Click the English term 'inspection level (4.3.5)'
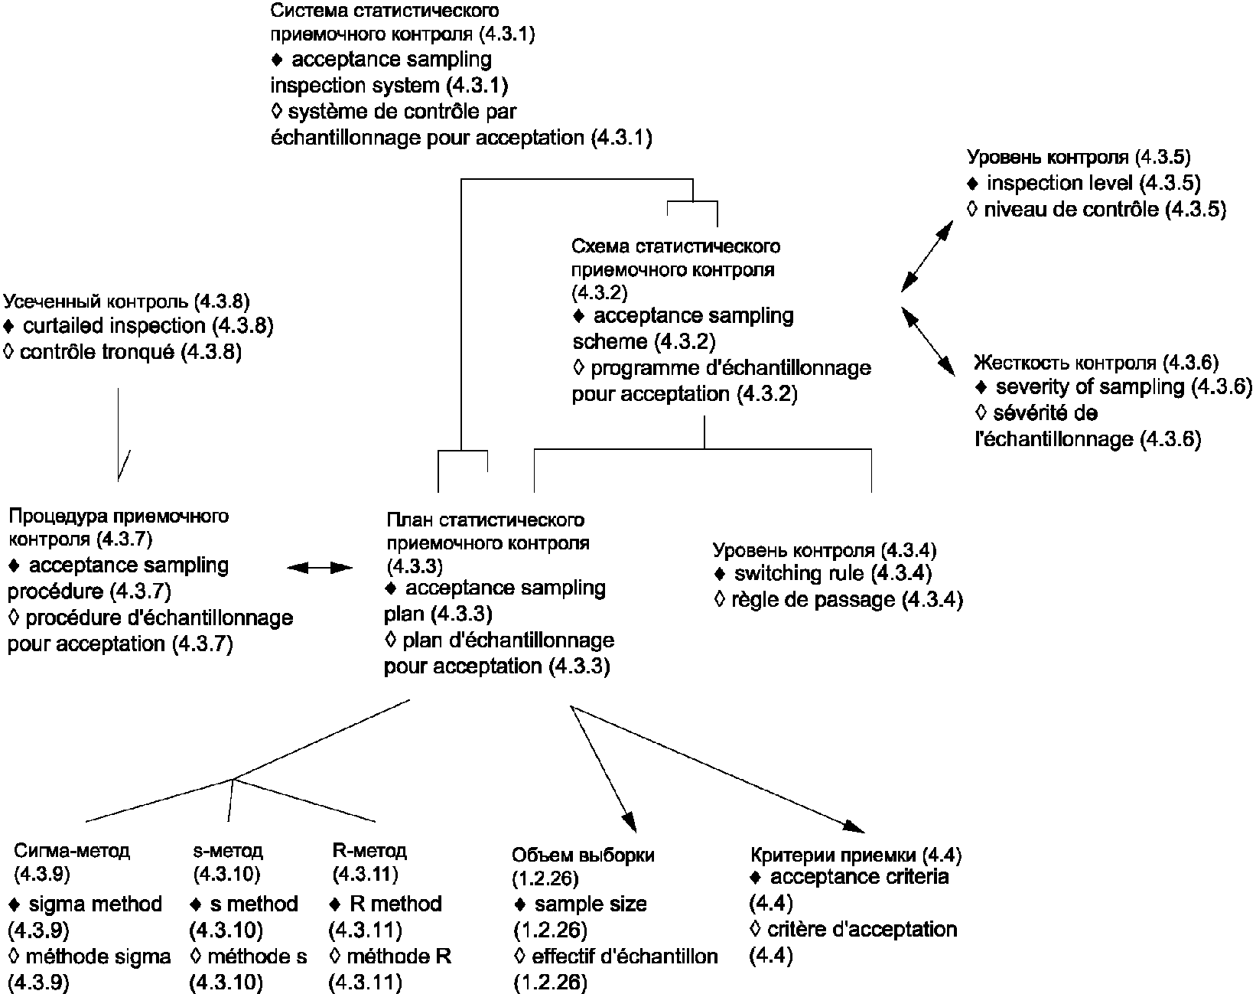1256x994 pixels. tap(1094, 184)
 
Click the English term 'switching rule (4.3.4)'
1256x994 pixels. tap(832, 573)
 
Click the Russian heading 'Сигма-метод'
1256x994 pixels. tap(72, 851)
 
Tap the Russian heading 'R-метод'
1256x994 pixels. tap(370, 850)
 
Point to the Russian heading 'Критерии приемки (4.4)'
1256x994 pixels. tap(856, 855)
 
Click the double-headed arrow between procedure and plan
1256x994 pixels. tap(320, 567)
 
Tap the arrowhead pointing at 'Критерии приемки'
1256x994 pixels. tap(854, 826)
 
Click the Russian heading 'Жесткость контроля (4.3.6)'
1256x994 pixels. tap(1096, 362)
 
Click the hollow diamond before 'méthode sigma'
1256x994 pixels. tap(14, 957)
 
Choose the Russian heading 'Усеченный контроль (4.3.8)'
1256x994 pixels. tap(127, 301)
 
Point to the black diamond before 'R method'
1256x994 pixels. tap(335, 904)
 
